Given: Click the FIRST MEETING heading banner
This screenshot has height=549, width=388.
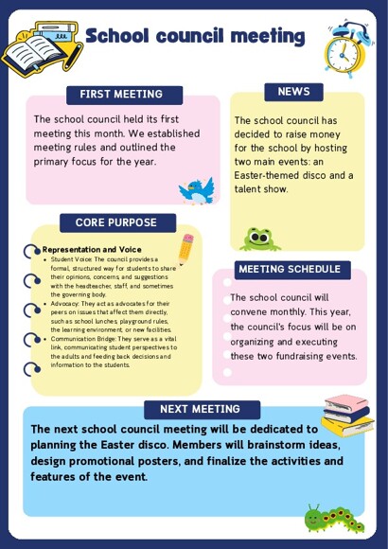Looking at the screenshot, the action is [x=120, y=94].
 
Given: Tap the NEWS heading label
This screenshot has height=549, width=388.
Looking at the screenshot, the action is [x=293, y=91].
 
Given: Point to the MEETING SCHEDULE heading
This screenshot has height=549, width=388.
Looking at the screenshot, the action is [x=290, y=269].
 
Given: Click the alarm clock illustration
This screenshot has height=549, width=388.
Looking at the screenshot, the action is [x=347, y=49].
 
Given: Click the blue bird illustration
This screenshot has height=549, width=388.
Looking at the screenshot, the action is [x=198, y=189].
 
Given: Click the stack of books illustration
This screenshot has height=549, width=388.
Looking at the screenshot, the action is [x=346, y=414].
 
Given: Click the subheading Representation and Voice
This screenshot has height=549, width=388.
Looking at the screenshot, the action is [x=91, y=250].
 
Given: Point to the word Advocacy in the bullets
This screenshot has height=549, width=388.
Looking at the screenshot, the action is [x=67, y=304].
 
